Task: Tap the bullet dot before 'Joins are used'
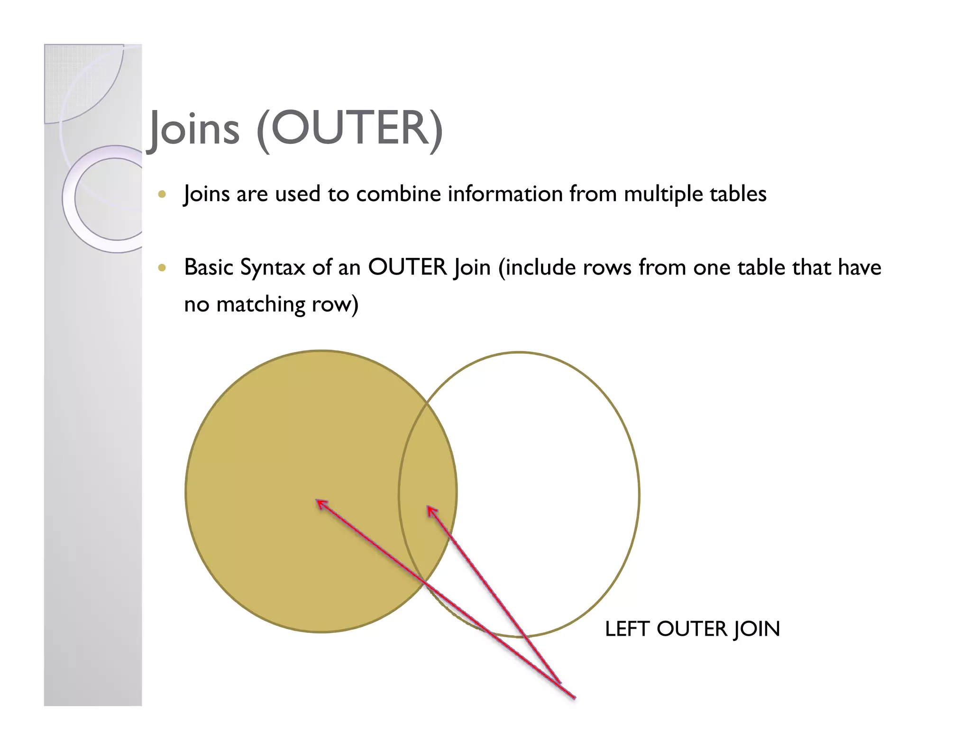(x=162, y=194)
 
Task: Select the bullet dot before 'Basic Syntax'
(x=162, y=267)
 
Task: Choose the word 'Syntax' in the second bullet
(x=273, y=267)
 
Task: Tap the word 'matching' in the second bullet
(x=260, y=304)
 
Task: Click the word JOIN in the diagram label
(x=757, y=629)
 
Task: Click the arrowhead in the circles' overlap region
(x=431, y=510)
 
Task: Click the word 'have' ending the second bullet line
(x=859, y=267)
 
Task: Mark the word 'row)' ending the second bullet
(x=335, y=304)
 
